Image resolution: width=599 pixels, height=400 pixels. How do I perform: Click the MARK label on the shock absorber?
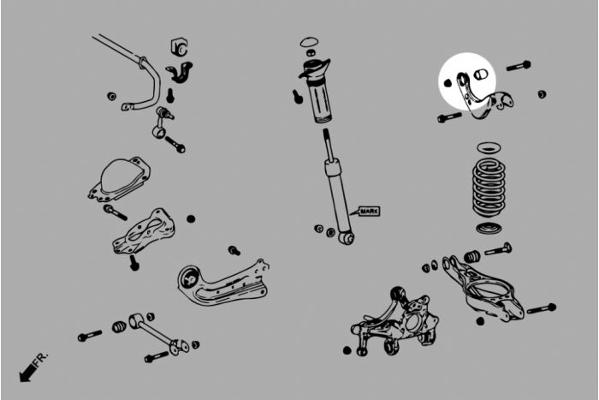click(370, 211)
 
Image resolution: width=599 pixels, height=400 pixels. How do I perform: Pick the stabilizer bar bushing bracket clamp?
click(180, 72)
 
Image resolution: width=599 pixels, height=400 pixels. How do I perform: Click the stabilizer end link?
click(162, 122)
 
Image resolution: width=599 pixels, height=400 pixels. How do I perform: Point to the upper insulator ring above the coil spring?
click(489, 146)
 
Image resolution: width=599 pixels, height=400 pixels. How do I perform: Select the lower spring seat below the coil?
click(489, 228)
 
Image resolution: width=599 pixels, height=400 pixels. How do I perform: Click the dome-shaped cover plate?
click(120, 179)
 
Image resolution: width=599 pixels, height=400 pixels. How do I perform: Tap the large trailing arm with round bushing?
click(223, 283)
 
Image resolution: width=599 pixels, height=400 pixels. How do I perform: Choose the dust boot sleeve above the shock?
click(321, 101)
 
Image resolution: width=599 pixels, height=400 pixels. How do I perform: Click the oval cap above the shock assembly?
click(309, 41)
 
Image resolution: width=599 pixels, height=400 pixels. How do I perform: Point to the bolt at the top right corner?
click(519, 66)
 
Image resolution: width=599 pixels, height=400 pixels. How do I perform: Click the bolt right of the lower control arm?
click(542, 308)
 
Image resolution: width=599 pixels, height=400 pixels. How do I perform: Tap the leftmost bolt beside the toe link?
click(90, 336)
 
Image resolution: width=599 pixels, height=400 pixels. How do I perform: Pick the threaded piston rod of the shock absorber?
click(328, 142)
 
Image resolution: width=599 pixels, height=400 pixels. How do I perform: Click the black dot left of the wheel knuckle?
click(347, 350)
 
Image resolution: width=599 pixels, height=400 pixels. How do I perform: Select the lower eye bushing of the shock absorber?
click(347, 239)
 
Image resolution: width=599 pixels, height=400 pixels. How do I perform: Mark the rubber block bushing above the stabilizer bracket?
click(178, 46)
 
